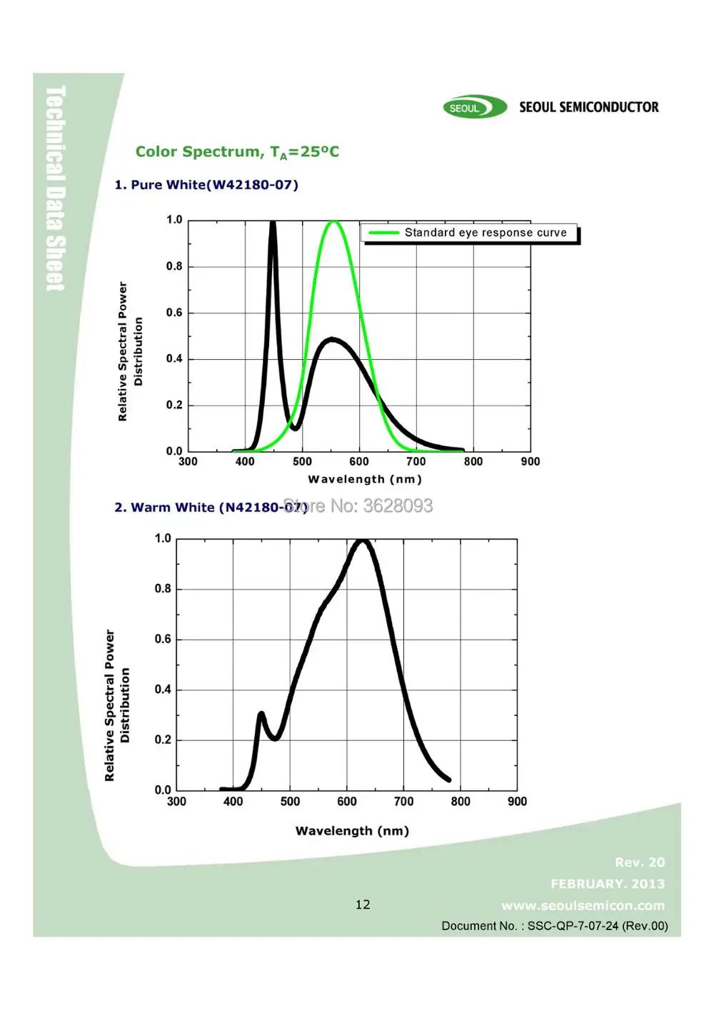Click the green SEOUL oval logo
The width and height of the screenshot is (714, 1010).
pos(474,108)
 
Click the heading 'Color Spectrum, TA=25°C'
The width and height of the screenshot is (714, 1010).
pos(237,152)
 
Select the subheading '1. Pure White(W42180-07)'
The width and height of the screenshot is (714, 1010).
pos(206,185)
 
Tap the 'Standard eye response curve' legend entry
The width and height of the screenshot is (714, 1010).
pos(471,233)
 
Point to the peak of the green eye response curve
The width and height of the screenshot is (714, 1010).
pos(333,222)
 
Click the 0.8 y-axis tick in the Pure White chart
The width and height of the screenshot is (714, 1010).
pos(174,266)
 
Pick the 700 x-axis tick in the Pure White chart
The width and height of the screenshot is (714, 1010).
pos(416,462)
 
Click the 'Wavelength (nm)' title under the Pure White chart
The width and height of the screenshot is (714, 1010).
pos(365,480)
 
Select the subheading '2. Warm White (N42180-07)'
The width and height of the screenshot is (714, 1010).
pos(210,507)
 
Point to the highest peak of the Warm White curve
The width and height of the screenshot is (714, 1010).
pos(363,541)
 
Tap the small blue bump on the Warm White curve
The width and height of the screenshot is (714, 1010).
pos(261,714)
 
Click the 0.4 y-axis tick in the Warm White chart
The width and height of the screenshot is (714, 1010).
pos(163,690)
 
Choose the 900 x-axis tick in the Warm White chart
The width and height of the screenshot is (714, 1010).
pos(517,802)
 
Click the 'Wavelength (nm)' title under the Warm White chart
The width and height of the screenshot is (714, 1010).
pos(352,831)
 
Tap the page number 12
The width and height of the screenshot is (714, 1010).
pos(363,905)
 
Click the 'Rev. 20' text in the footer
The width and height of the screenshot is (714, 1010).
pos(640,863)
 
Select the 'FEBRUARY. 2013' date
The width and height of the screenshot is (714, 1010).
pos(608,884)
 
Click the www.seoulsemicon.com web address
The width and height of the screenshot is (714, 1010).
pos(583,906)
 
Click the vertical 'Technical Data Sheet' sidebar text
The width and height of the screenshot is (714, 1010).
pos(56,188)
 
